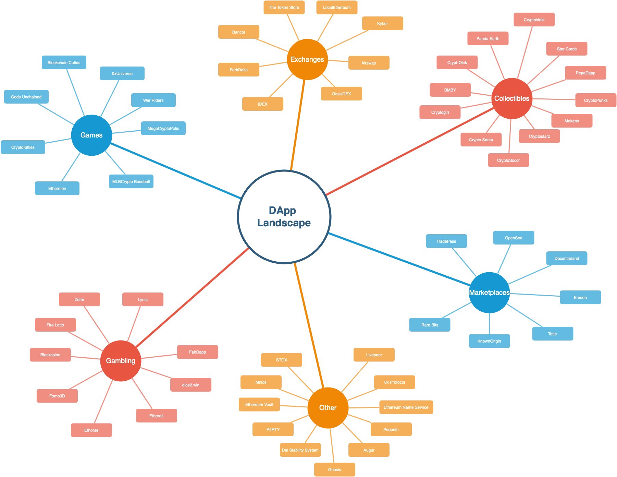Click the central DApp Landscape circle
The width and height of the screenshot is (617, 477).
[284, 217]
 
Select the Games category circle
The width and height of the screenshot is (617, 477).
[91, 135]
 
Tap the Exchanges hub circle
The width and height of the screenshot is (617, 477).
[307, 59]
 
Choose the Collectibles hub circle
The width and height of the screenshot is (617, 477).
[512, 98]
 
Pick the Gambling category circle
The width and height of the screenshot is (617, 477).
[121, 361]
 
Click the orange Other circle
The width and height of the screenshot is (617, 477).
[328, 408]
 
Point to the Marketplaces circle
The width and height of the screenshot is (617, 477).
[489, 293]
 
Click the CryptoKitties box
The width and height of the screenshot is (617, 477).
[23, 147]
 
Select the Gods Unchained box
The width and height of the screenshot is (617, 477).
[26, 97]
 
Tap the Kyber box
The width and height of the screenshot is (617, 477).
[382, 23]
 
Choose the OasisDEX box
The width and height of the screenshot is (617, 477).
[341, 94]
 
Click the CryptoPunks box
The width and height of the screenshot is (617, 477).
[595, 100]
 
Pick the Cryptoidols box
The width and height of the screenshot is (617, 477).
[534, 20]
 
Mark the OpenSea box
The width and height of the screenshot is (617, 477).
[513, 238]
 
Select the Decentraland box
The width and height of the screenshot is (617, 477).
[566, 258]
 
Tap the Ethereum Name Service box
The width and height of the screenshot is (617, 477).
[406, 407]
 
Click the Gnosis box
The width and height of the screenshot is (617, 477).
[334, 469]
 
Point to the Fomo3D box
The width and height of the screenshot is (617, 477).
[57, 396]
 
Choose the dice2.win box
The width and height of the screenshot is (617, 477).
[190, 385]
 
